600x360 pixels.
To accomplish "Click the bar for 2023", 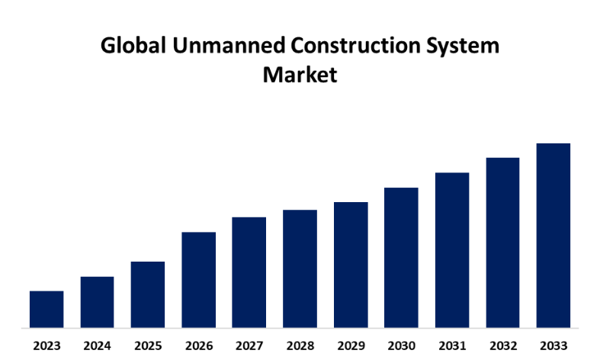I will [47, 309].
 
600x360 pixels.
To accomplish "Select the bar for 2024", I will [97, 302].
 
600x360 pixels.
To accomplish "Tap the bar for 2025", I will [148, 294].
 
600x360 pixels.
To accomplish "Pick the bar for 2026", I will [198, 280].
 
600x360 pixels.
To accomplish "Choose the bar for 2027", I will [249, 272].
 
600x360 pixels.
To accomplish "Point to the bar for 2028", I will [300, 268].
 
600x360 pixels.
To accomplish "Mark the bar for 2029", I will [351, 265].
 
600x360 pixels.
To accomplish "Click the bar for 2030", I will [401, 258].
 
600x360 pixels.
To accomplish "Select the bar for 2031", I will [452, 250].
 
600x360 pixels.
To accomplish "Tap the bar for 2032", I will [502, 243].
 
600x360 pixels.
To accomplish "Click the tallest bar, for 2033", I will [553, 236].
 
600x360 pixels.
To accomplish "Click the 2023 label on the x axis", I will [47, 346].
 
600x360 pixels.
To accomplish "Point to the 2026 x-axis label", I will [198, 346].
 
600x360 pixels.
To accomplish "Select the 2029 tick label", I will [351, 346].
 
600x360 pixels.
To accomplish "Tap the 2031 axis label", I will [452, 346].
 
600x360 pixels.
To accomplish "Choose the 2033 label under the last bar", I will [553, 346].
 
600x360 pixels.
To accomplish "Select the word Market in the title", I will [300, 75].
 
